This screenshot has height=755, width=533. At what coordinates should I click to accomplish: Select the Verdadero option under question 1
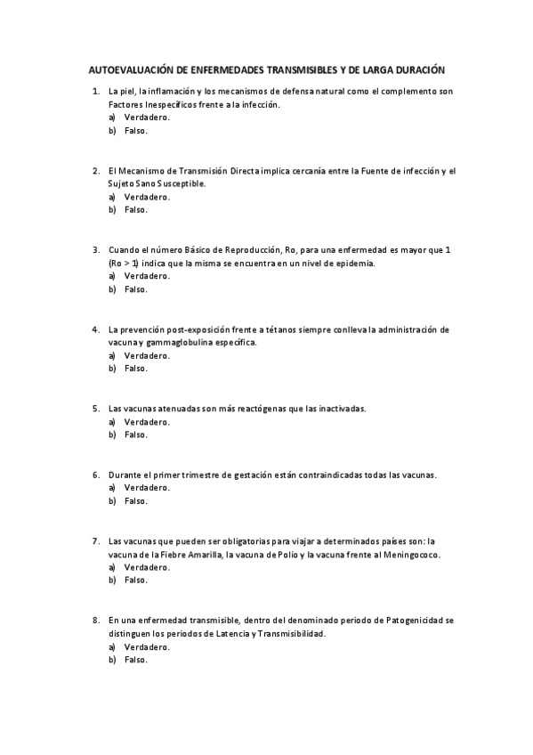pos(147,118)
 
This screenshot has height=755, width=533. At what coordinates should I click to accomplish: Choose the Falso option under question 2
pos(135,210)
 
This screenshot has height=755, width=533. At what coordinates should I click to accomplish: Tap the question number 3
pos(95,250)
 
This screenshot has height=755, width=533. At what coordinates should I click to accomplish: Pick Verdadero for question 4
pos(147,355)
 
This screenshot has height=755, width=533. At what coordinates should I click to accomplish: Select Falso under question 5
pos(135,434)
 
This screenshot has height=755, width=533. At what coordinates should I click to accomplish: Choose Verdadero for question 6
pos(147,488)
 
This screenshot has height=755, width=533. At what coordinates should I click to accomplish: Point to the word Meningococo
pos(414,554)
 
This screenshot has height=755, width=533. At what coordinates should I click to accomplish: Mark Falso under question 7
pos(135,580)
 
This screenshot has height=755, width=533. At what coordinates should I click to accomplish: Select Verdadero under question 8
pos(147,646)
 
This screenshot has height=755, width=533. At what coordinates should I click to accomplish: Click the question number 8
pos(95,620)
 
